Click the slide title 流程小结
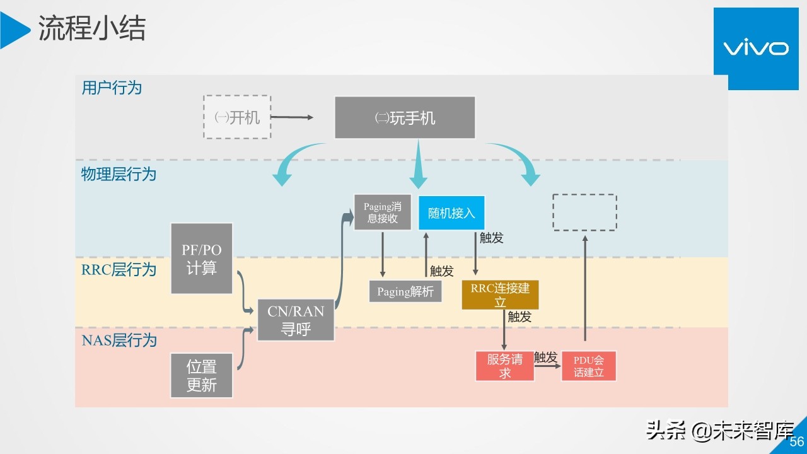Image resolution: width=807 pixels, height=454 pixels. pyautogui.click(x=92, y=29)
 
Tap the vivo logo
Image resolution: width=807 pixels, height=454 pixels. pyautogui.click(x=755, y=49)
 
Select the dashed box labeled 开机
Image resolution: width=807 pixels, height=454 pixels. pyautogui.click(x=237, y=117)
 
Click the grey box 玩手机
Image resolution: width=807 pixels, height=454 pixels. pyautogui.click(x=405, y=118)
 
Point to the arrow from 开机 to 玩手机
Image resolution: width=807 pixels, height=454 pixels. pyautogui.click(x=292, y=117)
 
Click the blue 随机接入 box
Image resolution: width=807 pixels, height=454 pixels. pyautogui.click(x=451, y=213)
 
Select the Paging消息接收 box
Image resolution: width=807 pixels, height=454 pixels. pyautogui.click(x=383, y=212)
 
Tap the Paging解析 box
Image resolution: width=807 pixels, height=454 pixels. pyautogui.click(x=405, y=291)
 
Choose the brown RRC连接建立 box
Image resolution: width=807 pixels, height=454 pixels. pyautogui.click(x=500, y=295)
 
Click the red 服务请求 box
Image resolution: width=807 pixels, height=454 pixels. pyautogui.click(x=505, y=366)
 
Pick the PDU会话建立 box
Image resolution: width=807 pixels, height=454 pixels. pyautogui.click(x=588, y=366)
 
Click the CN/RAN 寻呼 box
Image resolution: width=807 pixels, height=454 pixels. pyautogui.click(x=296, y=320)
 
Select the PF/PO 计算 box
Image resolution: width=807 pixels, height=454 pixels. pyautogui.click(x=202, y=259)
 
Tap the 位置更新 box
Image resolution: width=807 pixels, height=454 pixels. pyautogui.click(x=202, y=375)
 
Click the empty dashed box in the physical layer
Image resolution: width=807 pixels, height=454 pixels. pyautogui.click(x=584, y=212)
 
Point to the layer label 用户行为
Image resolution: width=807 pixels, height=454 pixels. pyautogui.click(x=112, y=88)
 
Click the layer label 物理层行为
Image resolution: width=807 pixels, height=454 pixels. pyautogui.click(x=119, y=174)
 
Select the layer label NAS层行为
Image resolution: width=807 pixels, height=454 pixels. pyautogui.click(x=119, y=341)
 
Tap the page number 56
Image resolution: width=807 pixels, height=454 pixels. pyautogui.click(x=797, y=441)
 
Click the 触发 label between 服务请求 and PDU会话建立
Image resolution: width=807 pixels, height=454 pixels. pyautogui.click(x=546, y=358)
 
